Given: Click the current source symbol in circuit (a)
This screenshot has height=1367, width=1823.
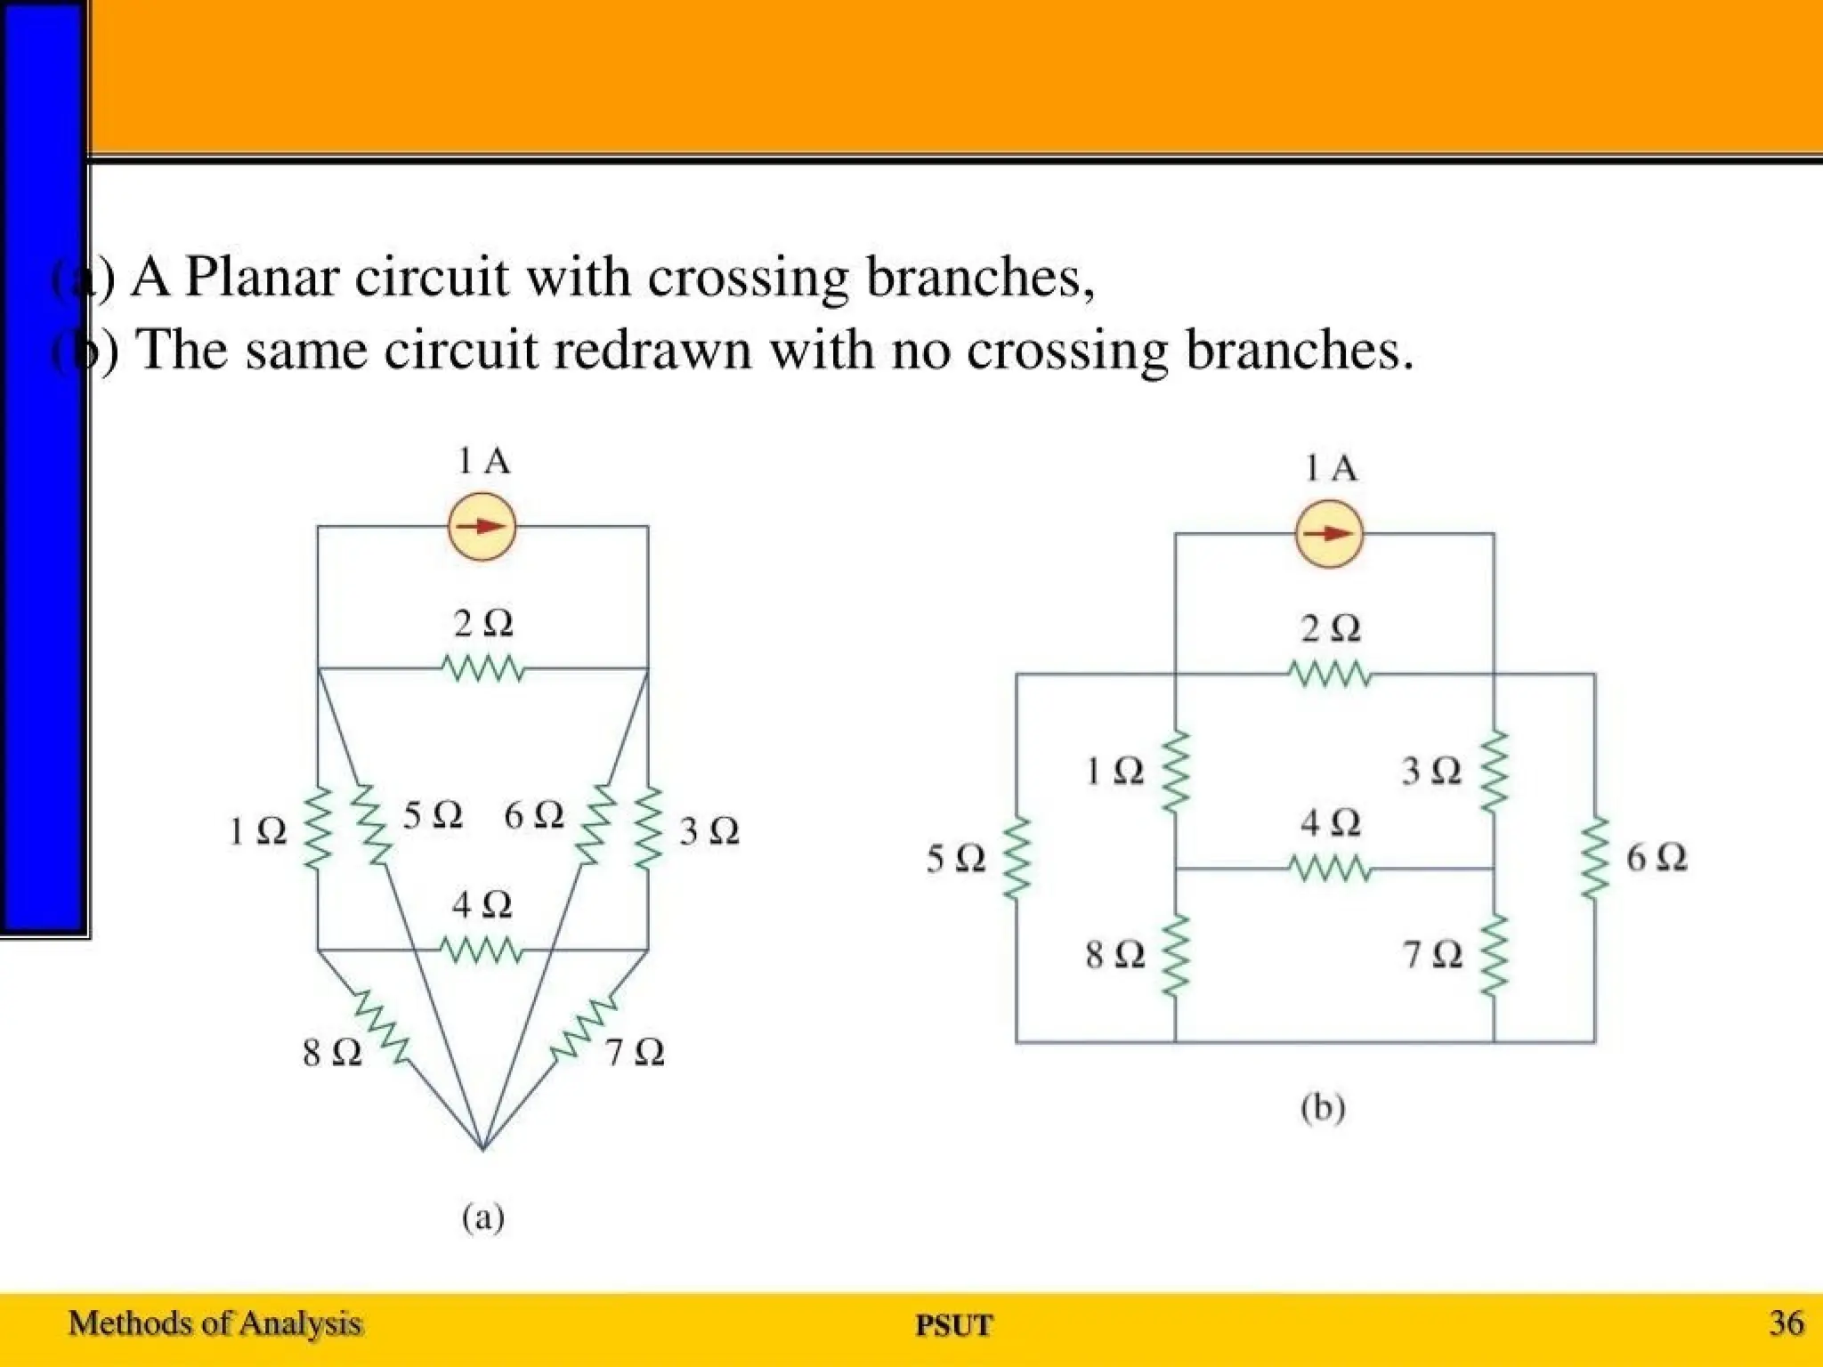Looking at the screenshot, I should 482,527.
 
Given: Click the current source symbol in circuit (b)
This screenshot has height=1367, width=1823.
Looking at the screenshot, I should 1329,534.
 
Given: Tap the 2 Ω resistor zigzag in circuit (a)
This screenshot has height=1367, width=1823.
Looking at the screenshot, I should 482,668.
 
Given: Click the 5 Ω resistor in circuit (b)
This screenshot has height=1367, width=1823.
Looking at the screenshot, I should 1017,858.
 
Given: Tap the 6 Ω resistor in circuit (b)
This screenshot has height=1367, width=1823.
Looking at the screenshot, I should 1594,858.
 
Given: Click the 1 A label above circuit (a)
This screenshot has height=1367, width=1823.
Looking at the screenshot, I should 483,461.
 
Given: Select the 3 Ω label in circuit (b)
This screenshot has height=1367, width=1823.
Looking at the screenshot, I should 1431,772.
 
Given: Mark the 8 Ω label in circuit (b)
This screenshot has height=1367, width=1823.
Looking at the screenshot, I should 1114,955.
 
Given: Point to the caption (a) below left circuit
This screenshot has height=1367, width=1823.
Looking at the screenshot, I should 483,1217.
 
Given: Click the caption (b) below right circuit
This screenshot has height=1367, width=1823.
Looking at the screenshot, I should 1323,1109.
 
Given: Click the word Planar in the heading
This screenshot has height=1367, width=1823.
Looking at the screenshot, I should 263,277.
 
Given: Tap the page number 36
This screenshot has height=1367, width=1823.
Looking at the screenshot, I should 1786,1323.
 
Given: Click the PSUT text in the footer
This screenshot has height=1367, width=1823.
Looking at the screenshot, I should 953,1325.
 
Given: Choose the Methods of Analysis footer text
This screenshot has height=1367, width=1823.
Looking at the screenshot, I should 215,1323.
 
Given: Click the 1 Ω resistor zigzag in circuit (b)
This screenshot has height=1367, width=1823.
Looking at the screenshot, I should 1175,772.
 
